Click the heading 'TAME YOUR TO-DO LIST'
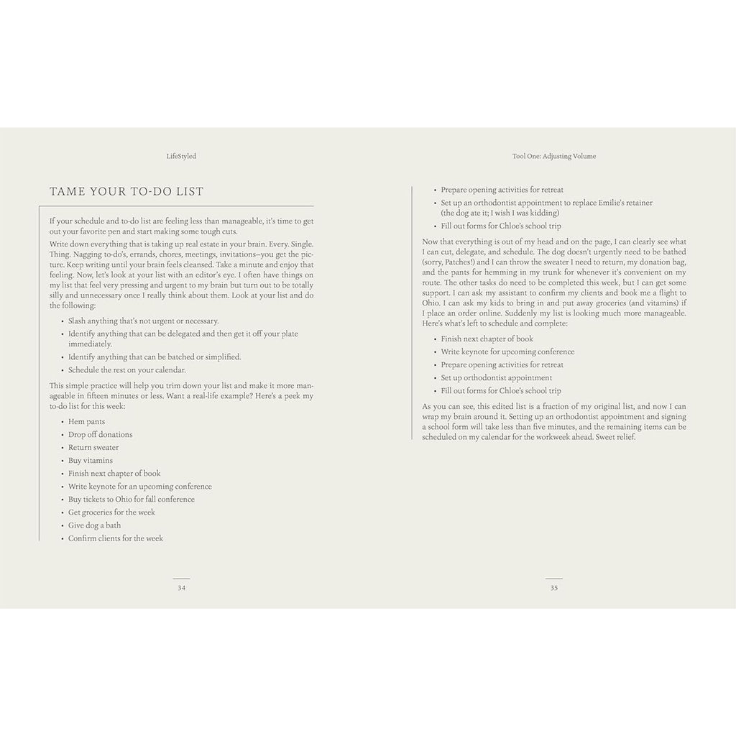click(126, 191)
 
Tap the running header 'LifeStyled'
click(180, 155)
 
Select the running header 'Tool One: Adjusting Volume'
click(554, 155)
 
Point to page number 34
click(181, 587)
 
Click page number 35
click(554, 587)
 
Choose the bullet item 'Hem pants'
click(86, 422)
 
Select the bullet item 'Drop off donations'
click(100, 435)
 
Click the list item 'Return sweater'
click(93, 448)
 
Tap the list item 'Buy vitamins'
click(90, 461)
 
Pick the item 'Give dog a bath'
click(94, 525)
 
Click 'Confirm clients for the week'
click(115, 538)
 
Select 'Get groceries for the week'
click(111, 512)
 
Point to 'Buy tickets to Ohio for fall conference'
click(131, 500)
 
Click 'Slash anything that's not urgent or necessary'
click(143, 321)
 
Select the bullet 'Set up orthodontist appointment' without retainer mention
click(496, 378)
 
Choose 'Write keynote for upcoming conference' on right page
click(507, 352)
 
